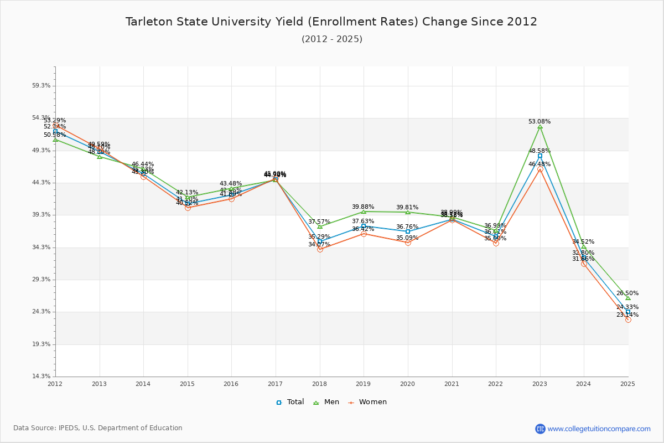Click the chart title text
331,22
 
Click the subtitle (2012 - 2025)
331,39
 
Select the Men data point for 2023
540,127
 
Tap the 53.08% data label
539,121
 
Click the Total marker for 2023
540,156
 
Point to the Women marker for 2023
540,169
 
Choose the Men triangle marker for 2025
627,298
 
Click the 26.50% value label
627,293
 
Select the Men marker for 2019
364,212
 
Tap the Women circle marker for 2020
408,243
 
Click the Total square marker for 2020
408,231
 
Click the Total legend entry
290,402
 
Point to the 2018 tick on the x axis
320,383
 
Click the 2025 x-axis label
627,383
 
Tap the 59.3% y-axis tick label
42,86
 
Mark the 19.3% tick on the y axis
42,344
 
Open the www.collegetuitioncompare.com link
599,429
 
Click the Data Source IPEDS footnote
98,428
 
